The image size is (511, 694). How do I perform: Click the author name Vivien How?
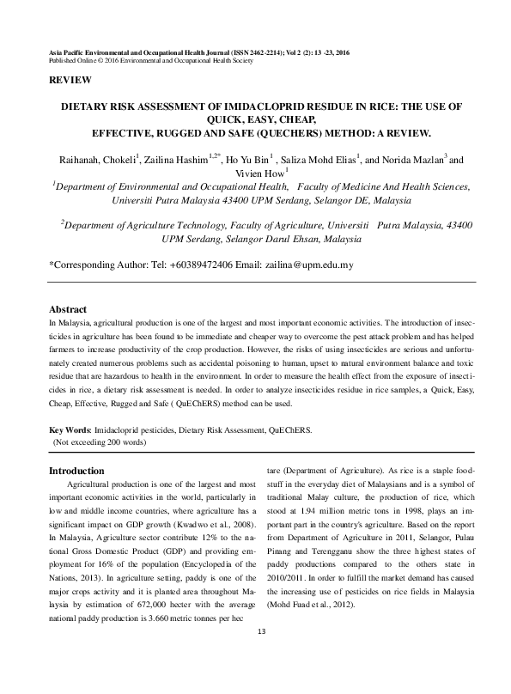pos(257,172)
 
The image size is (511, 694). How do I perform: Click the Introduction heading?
pos(76,471)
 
